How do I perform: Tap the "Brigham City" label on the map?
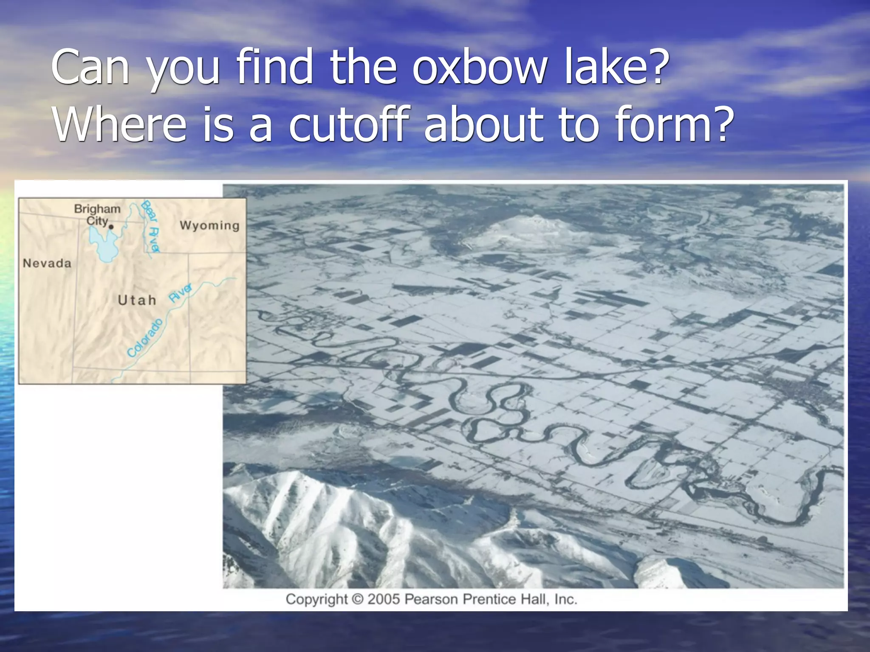click(x=97, y=214)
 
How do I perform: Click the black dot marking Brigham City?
click(x=111, y=227)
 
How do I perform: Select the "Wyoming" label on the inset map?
click(x=209, y=225)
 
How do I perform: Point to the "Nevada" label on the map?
click(x=47, y=263)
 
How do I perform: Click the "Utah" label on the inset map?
click(x=137, y=300)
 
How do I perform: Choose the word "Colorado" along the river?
click(x=145, y=338)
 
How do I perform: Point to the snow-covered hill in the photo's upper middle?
click(x=523, y=229)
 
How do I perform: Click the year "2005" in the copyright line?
click(x=384, y=599)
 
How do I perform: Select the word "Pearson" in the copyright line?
click(x=431, y=599)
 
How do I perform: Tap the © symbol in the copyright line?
click(x=358, y=599)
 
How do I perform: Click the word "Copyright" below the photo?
click(x=316, y=599)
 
